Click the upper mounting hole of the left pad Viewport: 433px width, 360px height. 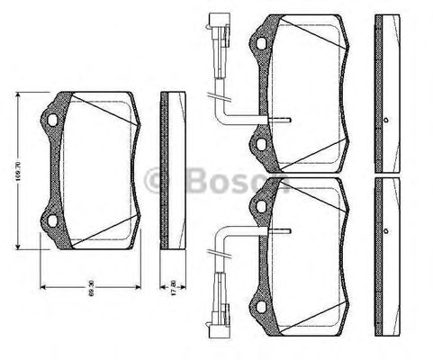[52, 119]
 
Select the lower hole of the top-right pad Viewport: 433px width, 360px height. [262, 139]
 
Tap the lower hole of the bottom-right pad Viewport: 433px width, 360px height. [262, 298]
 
